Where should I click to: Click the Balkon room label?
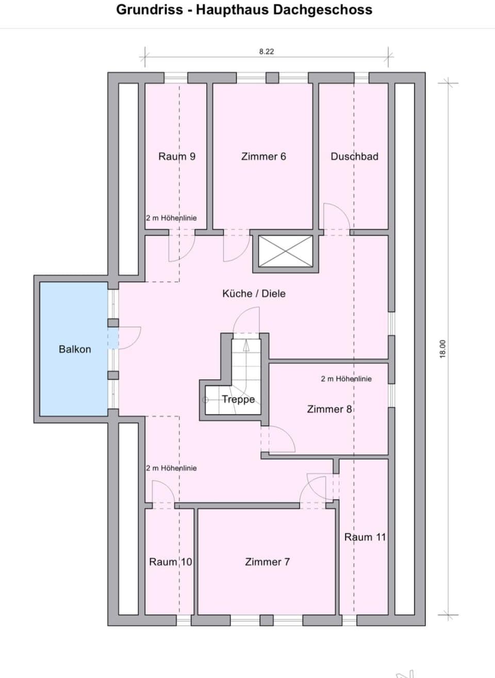click(75, 349)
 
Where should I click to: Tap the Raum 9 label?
click(177, 157)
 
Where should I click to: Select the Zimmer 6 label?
click(263, 157)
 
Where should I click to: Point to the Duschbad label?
click(354, 157)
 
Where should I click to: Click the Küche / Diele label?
click(254, 293)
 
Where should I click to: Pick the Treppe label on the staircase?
click(238, 399)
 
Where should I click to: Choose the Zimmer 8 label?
click(329, 409)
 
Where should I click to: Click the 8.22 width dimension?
click(267, 52)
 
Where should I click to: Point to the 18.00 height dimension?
click(443, 349)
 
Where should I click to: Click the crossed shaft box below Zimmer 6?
click(286, 252)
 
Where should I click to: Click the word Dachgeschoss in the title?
click(322, 10)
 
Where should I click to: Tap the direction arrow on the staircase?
click(246, 345)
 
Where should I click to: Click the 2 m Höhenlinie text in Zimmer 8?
click(346, 379)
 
